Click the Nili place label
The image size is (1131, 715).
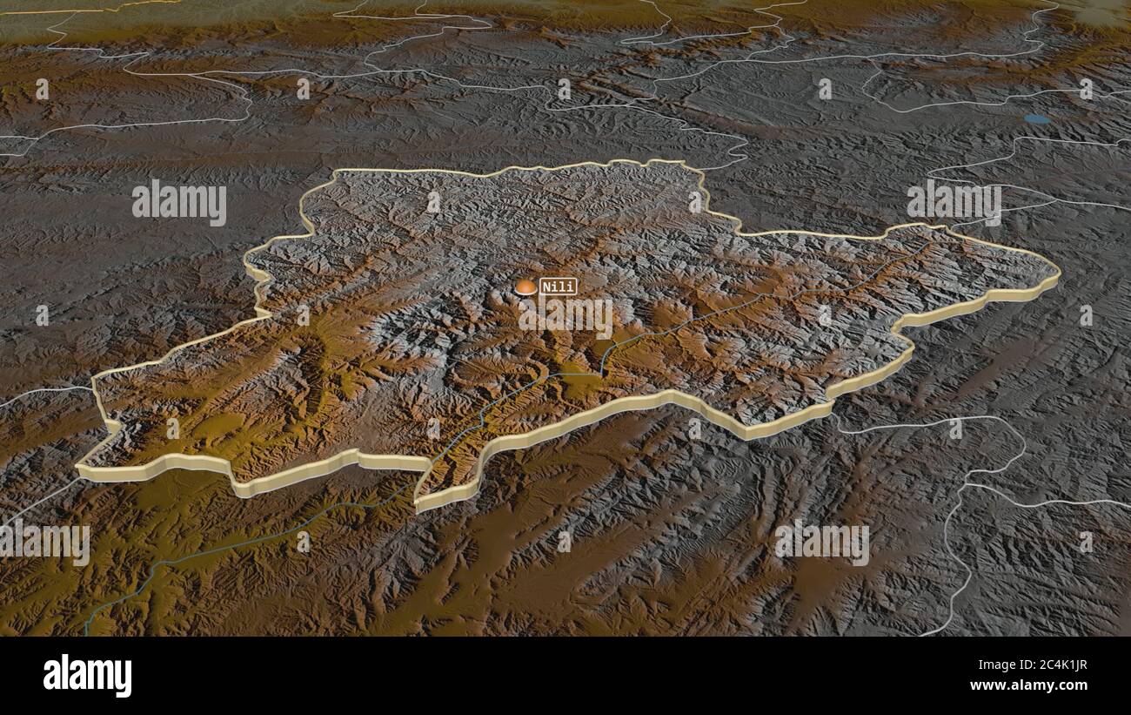[558, 286]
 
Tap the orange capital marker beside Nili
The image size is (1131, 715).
[525, 287]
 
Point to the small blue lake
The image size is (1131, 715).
[1036, 118]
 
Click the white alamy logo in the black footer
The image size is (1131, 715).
[87, 675]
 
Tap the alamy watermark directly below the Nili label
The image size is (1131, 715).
[565, 317]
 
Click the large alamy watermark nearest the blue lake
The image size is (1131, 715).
[954, 202]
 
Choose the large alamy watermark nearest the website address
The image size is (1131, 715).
[821, 542]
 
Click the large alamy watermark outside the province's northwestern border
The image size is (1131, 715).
[179, 202]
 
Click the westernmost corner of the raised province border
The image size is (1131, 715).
[80, 469]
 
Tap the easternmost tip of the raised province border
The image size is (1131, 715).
[1058, 277]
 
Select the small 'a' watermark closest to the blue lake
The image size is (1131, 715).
[1086, 89]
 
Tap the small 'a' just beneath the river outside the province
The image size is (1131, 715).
[303, 542]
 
